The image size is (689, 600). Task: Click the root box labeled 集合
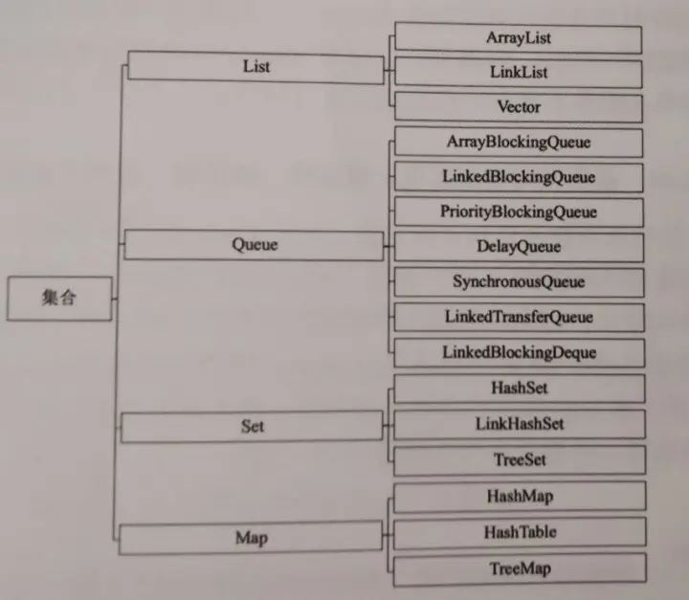58,299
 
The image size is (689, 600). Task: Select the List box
256,67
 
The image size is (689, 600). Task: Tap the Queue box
254,245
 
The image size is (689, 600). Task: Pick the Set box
252,427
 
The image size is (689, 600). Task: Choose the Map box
250,538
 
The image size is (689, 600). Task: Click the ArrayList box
518,38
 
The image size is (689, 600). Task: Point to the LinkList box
518,73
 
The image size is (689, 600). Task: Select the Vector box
518,107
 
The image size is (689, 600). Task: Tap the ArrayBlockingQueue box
518,143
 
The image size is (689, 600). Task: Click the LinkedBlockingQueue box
518,177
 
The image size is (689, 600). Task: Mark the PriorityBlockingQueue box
518,211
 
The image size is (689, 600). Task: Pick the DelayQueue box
518,247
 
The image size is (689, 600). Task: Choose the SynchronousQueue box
518,282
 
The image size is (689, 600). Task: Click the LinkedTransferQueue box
518,317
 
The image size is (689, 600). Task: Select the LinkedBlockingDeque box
518,352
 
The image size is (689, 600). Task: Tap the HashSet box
518,388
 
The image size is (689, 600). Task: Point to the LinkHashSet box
518,423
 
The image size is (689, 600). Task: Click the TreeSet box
518,460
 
